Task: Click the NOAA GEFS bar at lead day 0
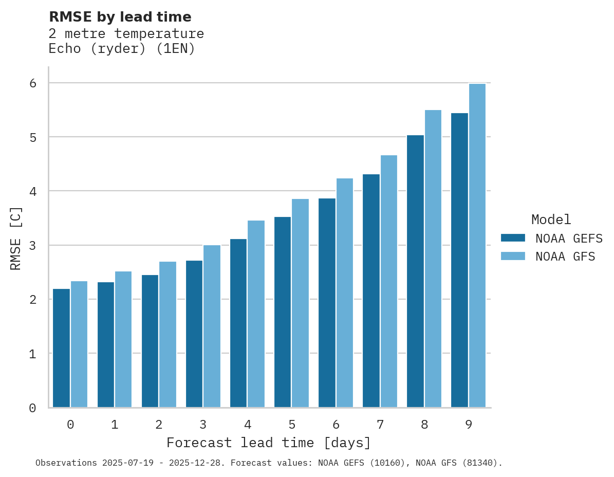click(x=62, y=348)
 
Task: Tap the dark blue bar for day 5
click(x=283, y=312)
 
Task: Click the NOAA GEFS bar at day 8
click(x=415, y=271)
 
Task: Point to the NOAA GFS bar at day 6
click(x=344, y=292)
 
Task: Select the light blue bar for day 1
click(x=123, y=339)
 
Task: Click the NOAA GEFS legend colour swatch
click(x=513, y=238)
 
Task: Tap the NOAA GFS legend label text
click(x=565, y=256)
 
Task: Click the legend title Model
click(x=551, y=219)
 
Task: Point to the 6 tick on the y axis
click(x=32, y=83)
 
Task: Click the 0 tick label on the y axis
click(x=32, y=408)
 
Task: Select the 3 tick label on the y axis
click(x=32, y=245)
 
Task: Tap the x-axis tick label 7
click(x=380, y=425)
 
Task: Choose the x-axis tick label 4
click(x=247, y=425)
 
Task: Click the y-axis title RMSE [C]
click(x=16, y=238)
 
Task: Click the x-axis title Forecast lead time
click(x=268, y=443)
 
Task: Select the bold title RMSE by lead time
click(x=120, y=17)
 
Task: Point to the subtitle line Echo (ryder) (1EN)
click(x=122, y=49)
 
